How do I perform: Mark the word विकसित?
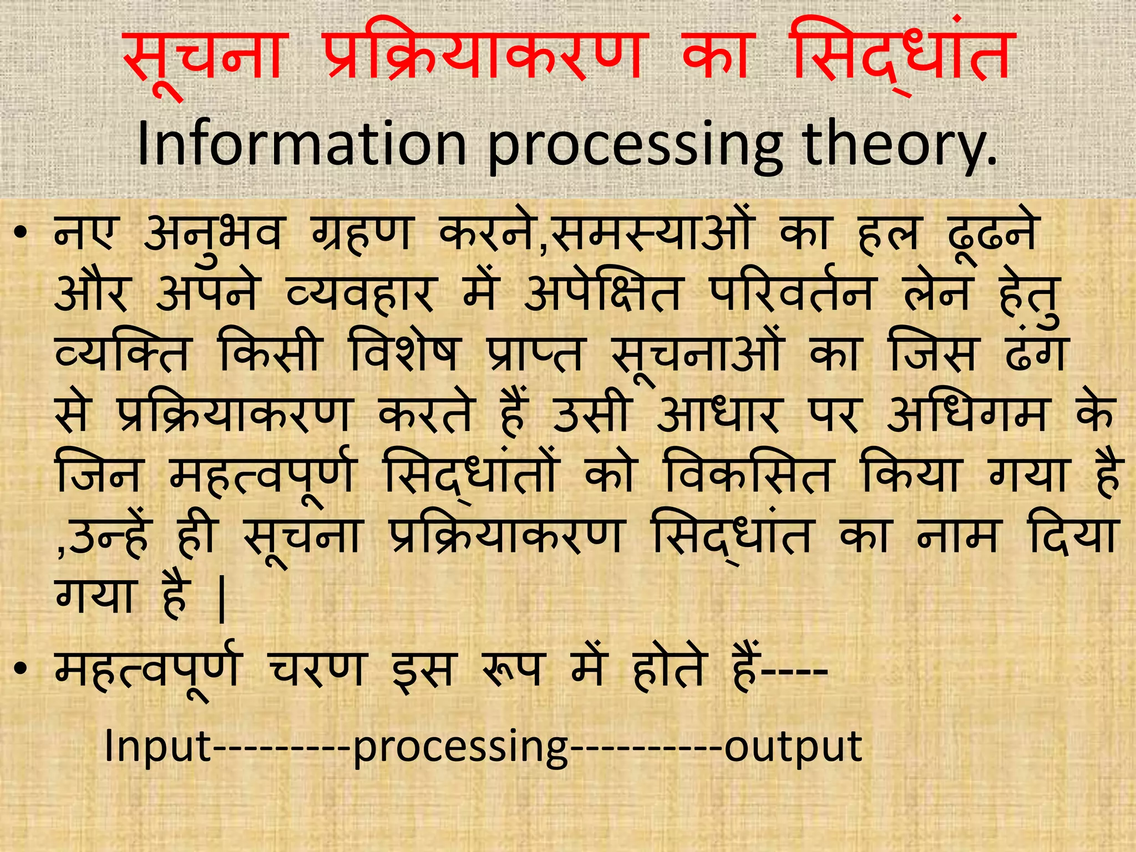tap(748, 475)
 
